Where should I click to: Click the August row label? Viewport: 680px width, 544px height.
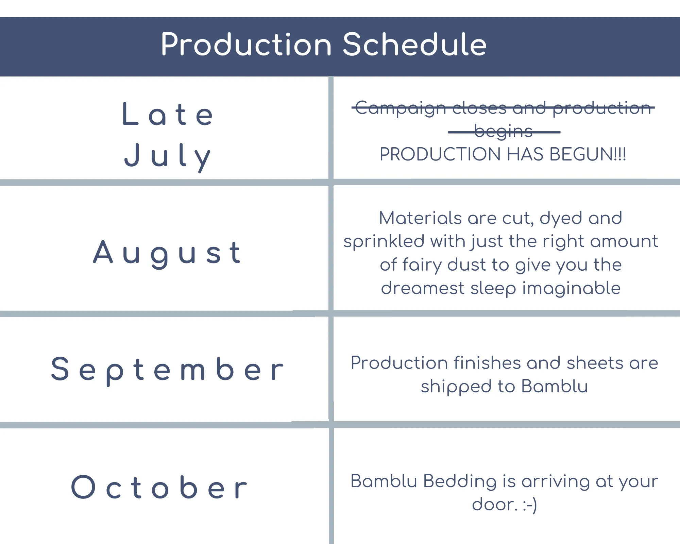coord(167,254)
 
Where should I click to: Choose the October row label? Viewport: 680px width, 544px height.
coord(159,487)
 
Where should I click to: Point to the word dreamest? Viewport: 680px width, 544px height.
coord(423,288)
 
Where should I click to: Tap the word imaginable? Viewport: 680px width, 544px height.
coord(572,288)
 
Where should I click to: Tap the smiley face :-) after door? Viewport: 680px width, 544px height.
coord(530,505)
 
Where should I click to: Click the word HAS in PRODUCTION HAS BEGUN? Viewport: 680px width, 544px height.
coord(525,154)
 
